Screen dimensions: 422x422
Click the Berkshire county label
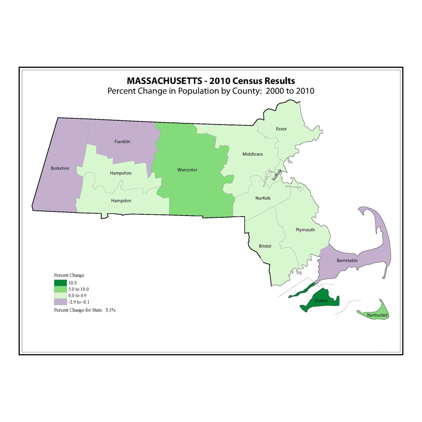tap(60, 168)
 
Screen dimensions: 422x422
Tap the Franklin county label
tap(122, 142)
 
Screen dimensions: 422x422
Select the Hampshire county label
tap(121, 173)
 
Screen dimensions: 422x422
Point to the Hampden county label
tap(121, 201)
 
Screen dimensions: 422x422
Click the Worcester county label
tap(187, 170)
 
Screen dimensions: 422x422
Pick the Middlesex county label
tap(252, 154)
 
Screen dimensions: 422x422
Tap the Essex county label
tap(281, 129)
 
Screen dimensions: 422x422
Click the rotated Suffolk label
tap(276, 174)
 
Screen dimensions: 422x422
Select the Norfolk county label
tap(263, 198)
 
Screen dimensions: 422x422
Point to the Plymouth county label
tap(305, 230)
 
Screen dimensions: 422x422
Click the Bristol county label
tap(265, 246)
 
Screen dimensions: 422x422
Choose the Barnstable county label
tap(347, 260)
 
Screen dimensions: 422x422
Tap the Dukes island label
tap(321, 301)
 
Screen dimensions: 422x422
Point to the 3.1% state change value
tap(111, 310)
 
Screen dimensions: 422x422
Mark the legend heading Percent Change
tap(69, 275)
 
